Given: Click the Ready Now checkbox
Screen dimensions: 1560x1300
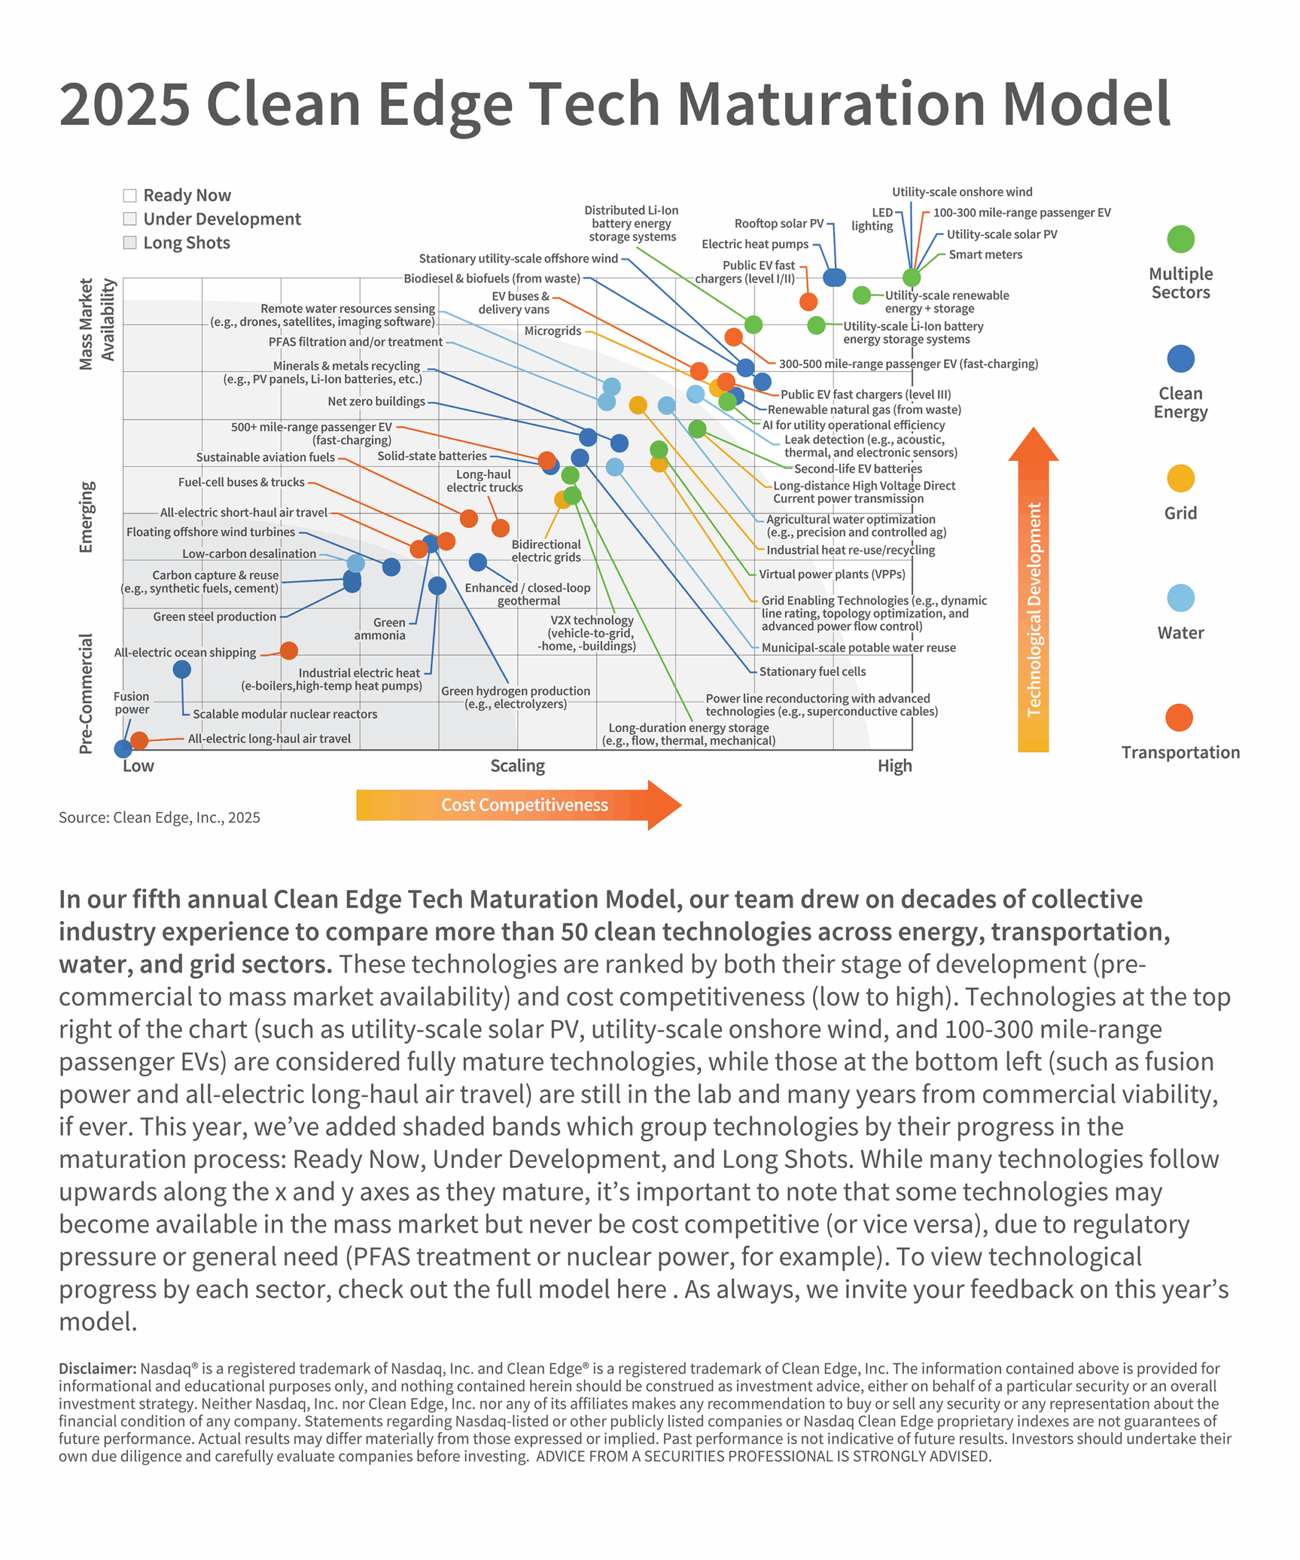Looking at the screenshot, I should [x=130, y=196].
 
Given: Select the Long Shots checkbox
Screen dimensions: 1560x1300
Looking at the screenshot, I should [x=130, y=243].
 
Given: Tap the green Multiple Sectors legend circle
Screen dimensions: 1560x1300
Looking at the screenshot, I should [x=1180, y=239].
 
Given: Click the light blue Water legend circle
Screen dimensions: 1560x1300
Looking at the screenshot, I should [x=1180, y=598].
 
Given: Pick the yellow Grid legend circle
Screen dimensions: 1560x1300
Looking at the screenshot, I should [x=1180, y=478].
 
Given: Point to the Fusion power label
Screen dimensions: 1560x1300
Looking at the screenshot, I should [x=132, y=703].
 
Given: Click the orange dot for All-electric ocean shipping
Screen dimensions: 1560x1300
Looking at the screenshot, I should [x=289, y=651].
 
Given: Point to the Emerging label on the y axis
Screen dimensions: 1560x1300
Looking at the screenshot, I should [x=87, y=517].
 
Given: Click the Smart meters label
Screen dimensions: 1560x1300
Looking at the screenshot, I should [x=985, y=255].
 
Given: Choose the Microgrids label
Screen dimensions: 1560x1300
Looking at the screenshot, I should [x=553, y=330].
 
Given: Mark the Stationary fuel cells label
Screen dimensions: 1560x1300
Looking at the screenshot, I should [x=812, y=672].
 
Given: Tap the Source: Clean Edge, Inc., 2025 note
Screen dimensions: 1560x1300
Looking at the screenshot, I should [x=159, y=817].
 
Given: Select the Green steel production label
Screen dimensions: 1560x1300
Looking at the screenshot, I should [x=215, y=617].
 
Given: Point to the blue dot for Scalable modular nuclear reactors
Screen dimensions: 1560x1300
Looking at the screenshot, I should [x=182, y=669].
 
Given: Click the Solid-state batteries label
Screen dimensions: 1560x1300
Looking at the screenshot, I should [x=432, y=456].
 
